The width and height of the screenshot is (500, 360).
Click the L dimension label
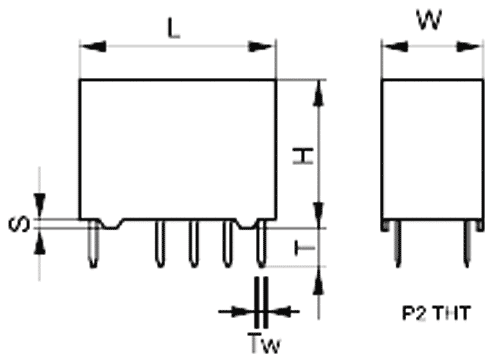(173, 28)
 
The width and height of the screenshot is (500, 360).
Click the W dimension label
(430, 19)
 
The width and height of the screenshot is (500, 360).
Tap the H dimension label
(303, 156)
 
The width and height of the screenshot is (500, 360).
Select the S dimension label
(19, 224)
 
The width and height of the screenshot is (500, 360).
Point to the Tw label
(265, 343)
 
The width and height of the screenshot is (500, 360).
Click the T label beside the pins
(305, 248)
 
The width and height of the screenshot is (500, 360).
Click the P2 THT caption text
(436, 313)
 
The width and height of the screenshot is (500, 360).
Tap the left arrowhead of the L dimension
(93, 46)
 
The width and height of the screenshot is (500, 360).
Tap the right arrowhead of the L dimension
(263, 46)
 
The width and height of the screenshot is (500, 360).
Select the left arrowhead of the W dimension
(395, 46)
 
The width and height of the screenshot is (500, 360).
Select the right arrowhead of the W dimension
(470, 46)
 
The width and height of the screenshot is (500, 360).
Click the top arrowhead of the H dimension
(319, 93)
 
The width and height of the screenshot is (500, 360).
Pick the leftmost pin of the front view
(94, 244)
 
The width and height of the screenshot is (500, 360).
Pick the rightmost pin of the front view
(262, 244)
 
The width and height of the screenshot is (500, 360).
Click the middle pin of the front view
(194, 244)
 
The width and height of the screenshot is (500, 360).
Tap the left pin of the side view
(397, 244)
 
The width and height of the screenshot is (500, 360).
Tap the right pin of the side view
(468, 244)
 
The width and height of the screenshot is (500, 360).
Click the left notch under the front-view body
(111, 224)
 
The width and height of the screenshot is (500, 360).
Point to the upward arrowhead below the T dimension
(319, 281)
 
